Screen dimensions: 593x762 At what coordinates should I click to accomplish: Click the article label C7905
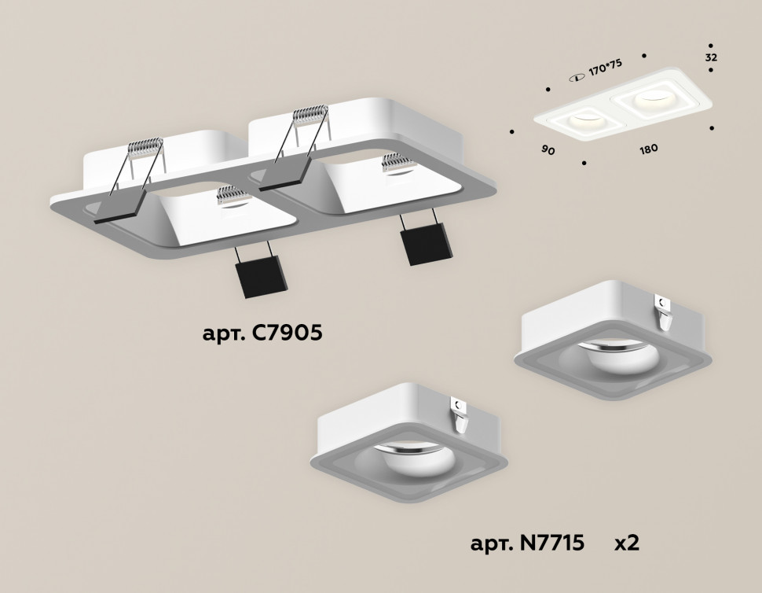coord(262,333)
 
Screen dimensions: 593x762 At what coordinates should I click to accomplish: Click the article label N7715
coord(527,543)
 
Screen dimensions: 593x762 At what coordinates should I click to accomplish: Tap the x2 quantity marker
coord(626,543)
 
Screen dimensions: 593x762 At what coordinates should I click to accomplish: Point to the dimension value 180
coord(648,149)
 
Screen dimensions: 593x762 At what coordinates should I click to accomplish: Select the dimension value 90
coord(548,149)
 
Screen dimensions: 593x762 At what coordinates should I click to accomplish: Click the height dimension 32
coord(711,58)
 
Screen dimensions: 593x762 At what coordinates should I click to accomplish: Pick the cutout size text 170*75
coord(605,68)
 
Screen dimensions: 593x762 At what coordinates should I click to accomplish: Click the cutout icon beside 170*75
coord(577,76)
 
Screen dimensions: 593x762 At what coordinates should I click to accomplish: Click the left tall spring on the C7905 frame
coord(145,157)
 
